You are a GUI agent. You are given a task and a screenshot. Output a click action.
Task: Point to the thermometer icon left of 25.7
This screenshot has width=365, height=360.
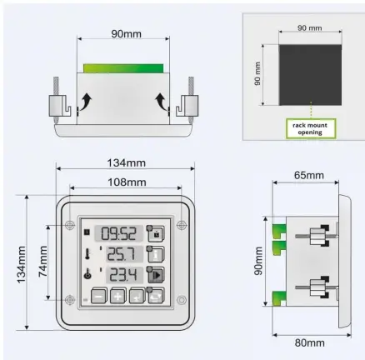86,253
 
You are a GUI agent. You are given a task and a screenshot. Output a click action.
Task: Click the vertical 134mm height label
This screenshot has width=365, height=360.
19,261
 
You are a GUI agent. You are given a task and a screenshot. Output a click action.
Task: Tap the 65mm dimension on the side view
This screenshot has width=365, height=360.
309,177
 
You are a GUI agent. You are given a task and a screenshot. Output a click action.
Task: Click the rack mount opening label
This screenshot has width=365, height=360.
309,127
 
